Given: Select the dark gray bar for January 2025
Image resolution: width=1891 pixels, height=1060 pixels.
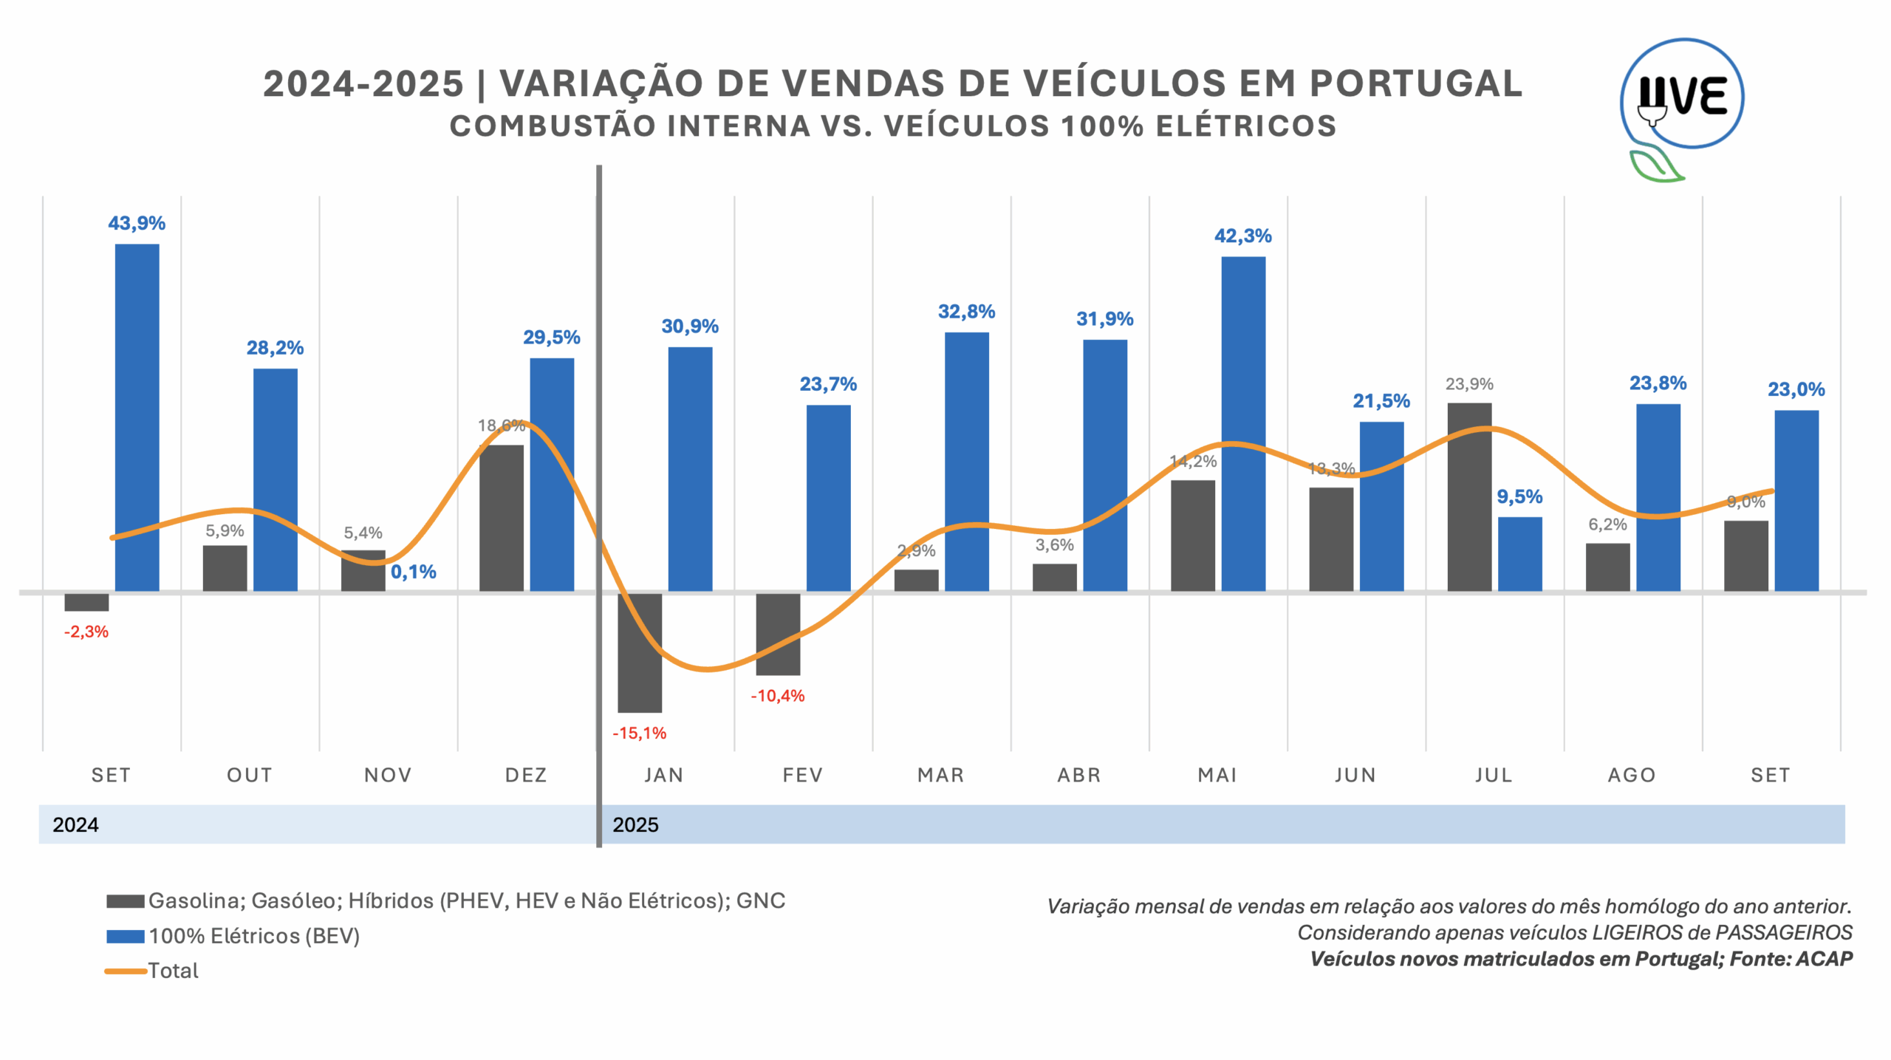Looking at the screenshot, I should pos(640,652).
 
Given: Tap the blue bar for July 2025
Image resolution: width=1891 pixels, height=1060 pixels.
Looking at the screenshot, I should pos(1519,554).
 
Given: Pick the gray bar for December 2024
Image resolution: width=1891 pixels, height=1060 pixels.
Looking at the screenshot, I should pos(502,518).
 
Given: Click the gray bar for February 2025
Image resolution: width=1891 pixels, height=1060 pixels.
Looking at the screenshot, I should pos(778,634).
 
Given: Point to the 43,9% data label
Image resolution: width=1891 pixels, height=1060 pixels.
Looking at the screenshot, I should pos(137,223).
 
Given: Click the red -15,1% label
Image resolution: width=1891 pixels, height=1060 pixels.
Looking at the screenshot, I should pos(639,733).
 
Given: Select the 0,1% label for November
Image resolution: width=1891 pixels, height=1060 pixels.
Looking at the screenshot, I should pos(414,572).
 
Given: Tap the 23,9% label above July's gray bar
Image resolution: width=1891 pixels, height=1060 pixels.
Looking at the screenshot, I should pos(1469,384).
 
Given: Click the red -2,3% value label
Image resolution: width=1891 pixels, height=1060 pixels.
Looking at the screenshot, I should pos(86,632).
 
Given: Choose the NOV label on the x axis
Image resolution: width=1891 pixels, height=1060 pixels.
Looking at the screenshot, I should pos(388,775).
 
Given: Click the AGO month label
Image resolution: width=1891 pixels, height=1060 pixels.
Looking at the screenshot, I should pos(1632,775).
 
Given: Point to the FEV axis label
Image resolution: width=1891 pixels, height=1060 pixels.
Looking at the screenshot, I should pos(802,775).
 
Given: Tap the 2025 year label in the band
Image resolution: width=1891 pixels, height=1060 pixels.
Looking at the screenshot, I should pos(635,824).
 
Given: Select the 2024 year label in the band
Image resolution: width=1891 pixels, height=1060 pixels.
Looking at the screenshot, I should pos(75,824).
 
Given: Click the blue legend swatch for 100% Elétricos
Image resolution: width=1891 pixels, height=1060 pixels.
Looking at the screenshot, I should pos(125,936).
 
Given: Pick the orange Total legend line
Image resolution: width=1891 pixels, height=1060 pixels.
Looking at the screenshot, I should pos(125,971).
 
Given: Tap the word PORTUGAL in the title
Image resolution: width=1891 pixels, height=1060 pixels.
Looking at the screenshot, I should pos(1415,83).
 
